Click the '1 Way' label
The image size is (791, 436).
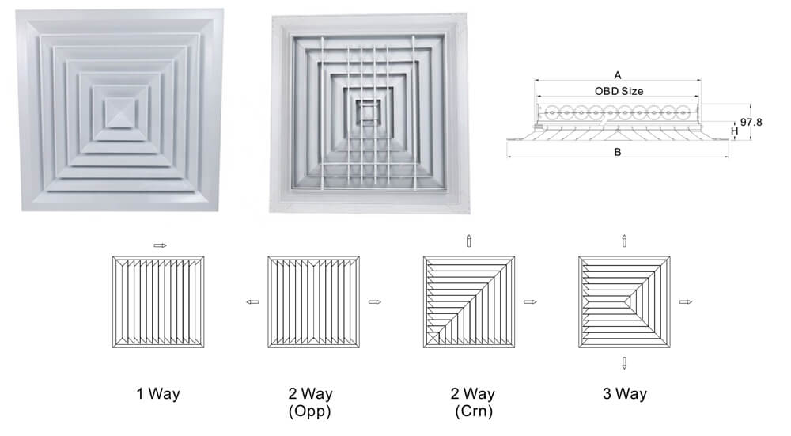pos(158,393)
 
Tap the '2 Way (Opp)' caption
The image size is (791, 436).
pos(310,402)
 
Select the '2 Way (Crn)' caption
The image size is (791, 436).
pos(473,402)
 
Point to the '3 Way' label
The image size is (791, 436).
pos(625,393)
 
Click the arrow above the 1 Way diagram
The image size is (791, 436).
pos(160,246)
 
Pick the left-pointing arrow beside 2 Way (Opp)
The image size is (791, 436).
pos(252,301)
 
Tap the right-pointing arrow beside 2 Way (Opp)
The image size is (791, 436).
pos(375,301)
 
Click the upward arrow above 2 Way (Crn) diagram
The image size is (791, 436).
pos(469,241)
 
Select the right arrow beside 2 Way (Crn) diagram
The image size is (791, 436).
pos(530,301)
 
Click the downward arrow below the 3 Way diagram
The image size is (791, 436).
pos(625,363)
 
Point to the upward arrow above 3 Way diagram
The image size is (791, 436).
pos(625,241)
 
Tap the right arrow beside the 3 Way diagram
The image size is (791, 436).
pos(686,301)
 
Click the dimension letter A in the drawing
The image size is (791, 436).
pos(618,75)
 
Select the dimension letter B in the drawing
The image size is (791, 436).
pos(618,152)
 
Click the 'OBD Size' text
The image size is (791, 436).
pos(619,91)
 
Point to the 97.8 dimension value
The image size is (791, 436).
pos(751,122)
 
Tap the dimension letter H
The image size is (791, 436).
pos(735,131)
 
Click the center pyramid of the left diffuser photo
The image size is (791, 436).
pos(120,113)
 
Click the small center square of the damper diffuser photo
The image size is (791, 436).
pos(369,111)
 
